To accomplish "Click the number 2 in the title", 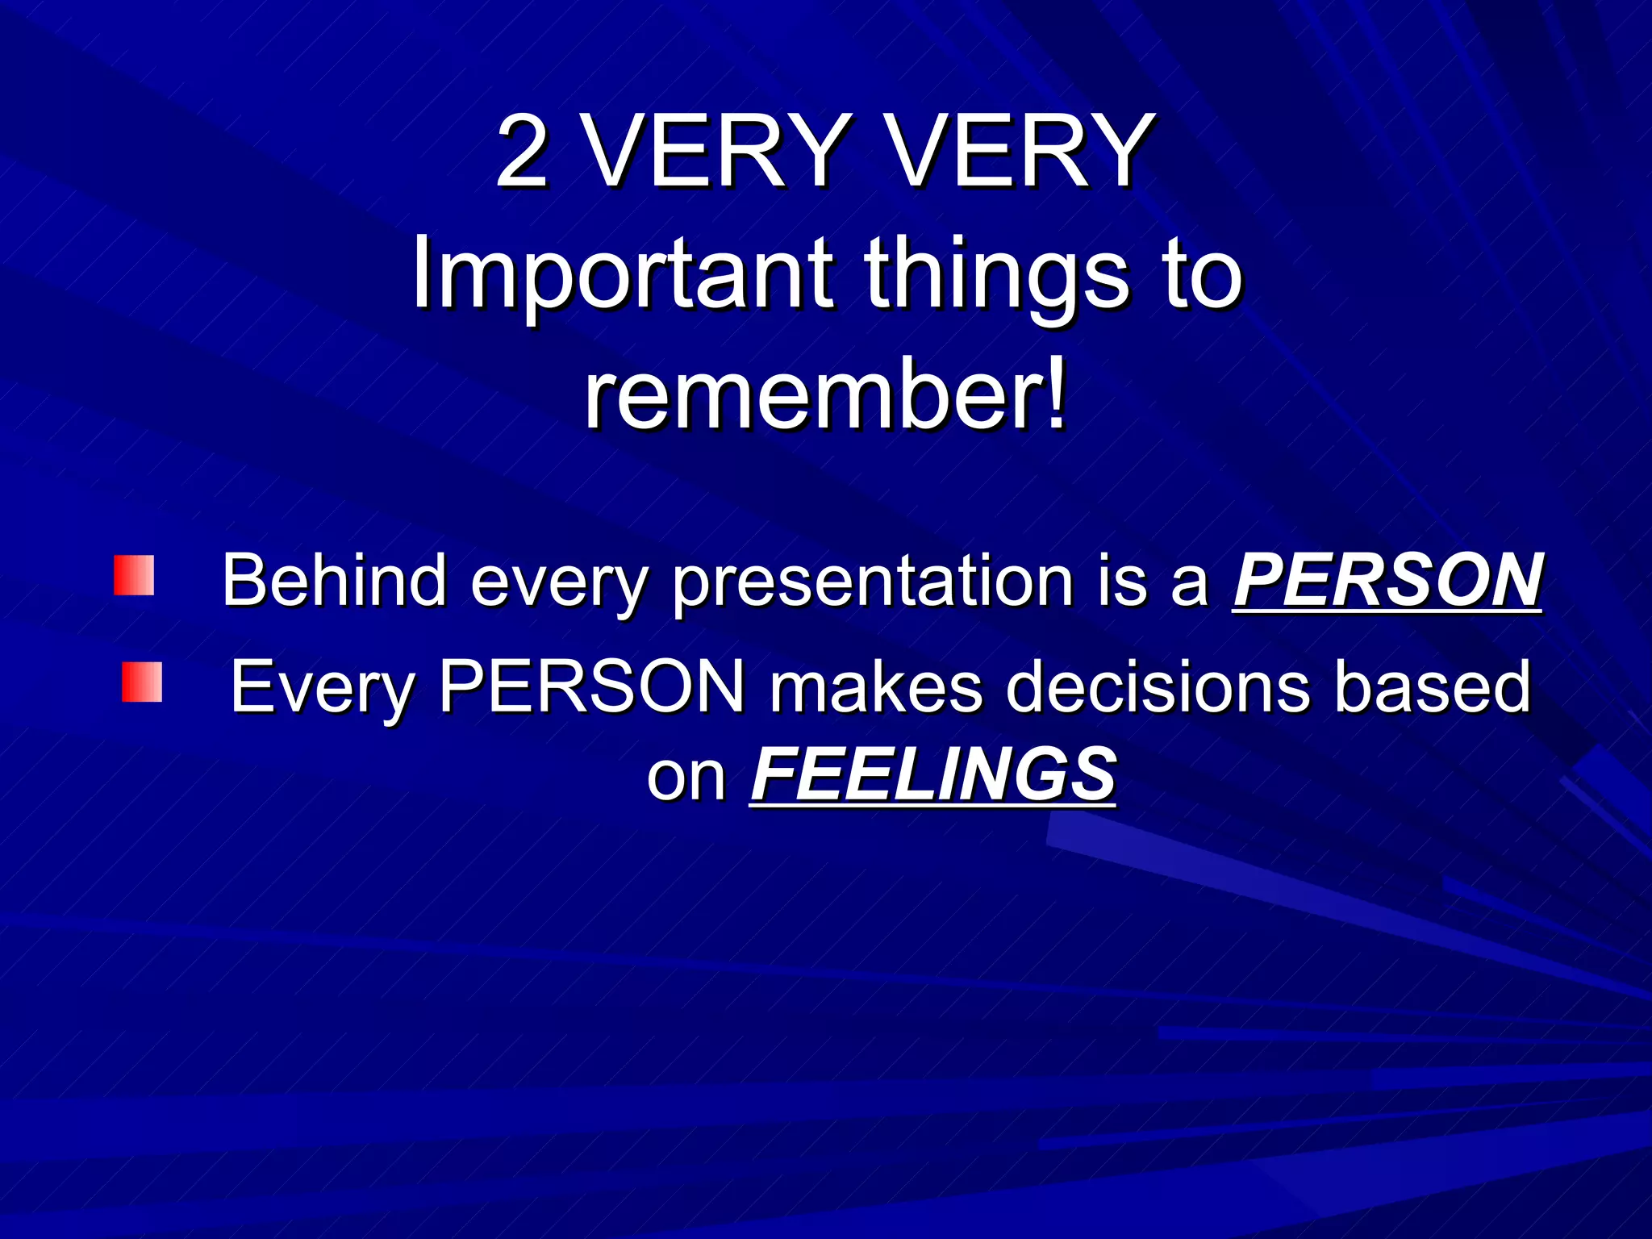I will (522, 151).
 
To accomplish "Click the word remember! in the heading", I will (826, 398).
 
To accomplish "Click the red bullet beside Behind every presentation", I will (134, 576).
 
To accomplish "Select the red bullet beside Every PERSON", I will (142, 682).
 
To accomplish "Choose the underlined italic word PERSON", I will (1387, 580).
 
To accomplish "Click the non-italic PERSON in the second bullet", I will (592, 687).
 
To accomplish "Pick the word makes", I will (876, 687).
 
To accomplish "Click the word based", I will (1433, 687).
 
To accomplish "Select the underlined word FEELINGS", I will (933, 774).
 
